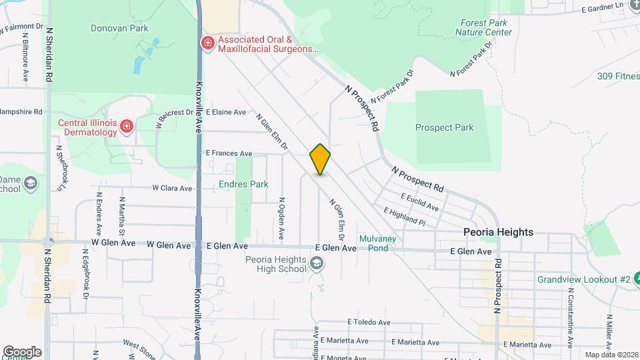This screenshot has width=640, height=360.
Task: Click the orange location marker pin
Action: [320, 159]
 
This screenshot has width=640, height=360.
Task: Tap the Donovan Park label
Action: [119, 28]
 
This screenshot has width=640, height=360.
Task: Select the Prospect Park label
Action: [444, 127]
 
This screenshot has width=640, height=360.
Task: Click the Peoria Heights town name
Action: [499, 232]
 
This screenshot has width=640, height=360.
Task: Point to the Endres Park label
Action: [243, 184]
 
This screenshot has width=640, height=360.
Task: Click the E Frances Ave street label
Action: [229, 153]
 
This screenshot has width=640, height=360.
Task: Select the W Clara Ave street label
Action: [172, 189]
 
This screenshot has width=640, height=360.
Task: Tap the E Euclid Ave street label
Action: [419, 202]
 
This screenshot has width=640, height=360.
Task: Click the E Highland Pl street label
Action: [404, 215]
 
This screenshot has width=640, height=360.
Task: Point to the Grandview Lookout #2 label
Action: [584, 279]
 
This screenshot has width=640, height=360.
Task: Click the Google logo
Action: [22, 352]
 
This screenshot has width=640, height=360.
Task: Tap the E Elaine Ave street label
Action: [226, 112]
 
